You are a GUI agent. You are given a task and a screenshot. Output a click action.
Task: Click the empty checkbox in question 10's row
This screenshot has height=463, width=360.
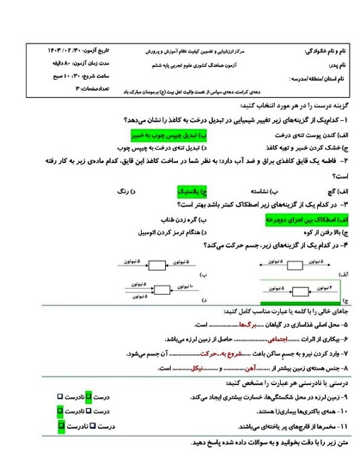[x=87, y=410]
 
